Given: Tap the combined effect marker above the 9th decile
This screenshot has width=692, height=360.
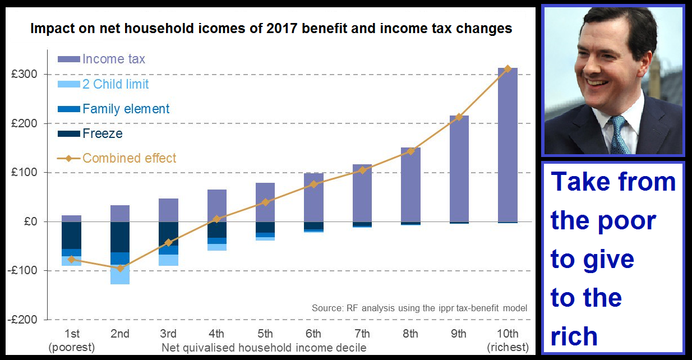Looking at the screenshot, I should [459, 117].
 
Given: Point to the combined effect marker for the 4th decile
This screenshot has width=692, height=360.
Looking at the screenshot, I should [217, 219].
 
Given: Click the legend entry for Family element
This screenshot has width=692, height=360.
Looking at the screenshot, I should [126, 109].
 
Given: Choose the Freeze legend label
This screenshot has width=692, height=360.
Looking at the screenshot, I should [102, 133].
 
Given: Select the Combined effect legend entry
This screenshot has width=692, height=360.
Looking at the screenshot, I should [129, 158].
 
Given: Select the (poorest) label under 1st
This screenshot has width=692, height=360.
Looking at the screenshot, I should [72, 347].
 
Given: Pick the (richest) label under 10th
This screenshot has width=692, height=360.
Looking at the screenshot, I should [508, 347].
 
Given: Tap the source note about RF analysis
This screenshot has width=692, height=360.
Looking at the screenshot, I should [419, 308].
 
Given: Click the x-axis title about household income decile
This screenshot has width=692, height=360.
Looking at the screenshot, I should [264, 348].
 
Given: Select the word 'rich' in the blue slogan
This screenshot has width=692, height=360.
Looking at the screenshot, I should [574, 336].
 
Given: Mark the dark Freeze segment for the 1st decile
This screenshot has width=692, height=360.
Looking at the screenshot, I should [71, 236].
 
